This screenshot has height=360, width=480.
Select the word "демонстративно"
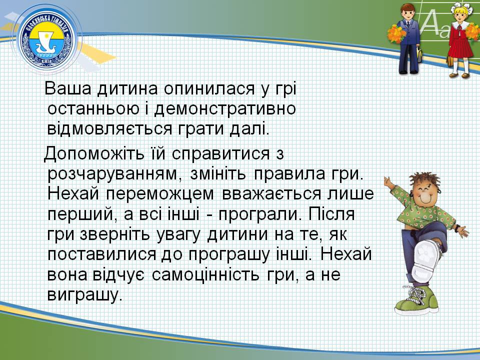[225, 109]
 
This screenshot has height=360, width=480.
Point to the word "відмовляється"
[109, 129]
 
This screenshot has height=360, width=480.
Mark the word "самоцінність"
[205, 274]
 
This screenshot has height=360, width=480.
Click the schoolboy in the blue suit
[408, 38]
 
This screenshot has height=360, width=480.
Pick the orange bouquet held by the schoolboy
[396, 33]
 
